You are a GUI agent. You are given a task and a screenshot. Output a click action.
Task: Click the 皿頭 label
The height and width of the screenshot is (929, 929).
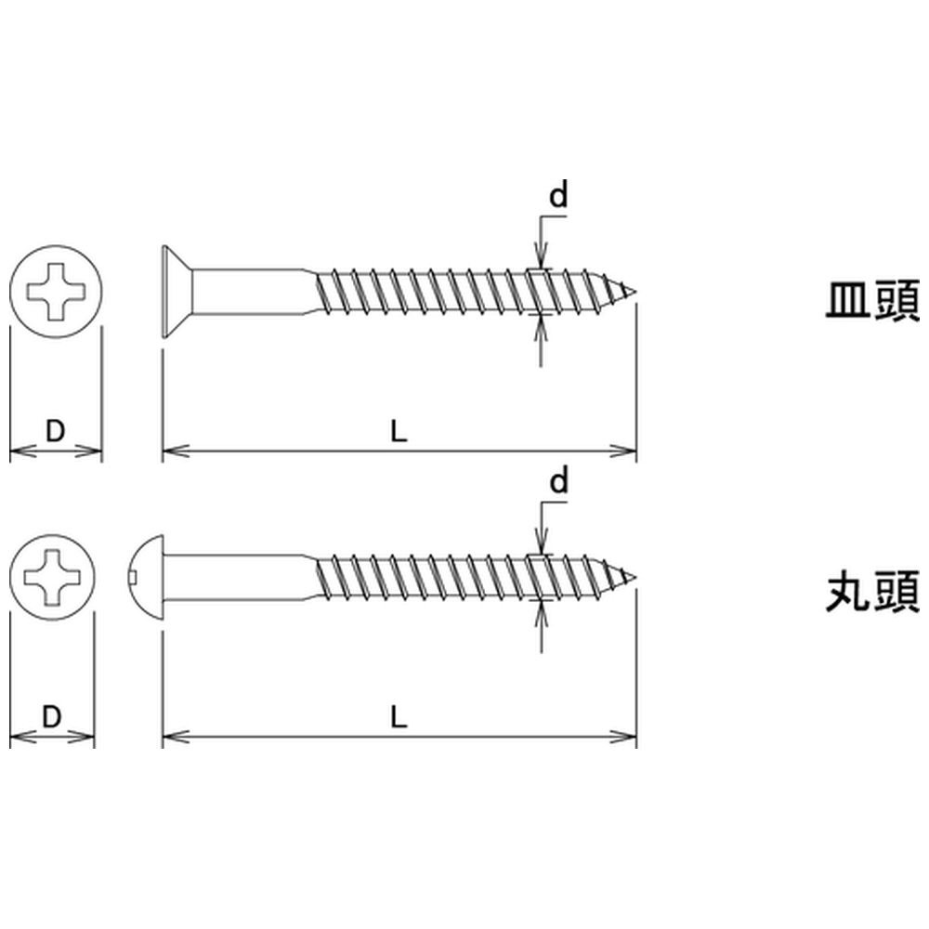(873, 301)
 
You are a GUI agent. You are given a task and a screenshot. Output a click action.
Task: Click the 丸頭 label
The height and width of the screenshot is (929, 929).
(873, 592)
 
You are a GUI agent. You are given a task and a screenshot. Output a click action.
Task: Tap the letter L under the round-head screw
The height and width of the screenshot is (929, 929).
(399, 717)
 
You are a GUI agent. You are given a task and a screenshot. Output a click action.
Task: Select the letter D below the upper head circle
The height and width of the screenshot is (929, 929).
(55, 431)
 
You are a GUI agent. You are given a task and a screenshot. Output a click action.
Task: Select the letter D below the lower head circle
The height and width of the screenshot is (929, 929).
(52, 717)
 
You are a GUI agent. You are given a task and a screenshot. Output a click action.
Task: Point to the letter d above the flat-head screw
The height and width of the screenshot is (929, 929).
(558, 196)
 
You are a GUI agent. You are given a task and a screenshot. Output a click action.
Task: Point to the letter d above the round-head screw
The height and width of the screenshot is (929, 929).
(558, 481)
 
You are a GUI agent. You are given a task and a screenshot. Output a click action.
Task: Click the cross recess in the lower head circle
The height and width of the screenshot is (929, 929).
(52, 576)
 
